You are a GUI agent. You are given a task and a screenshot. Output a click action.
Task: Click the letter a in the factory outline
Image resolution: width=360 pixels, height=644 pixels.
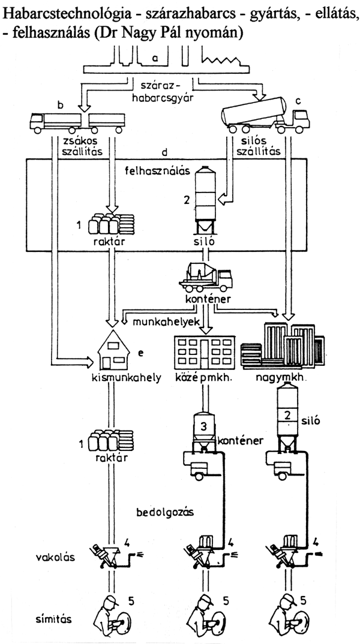[155, 58]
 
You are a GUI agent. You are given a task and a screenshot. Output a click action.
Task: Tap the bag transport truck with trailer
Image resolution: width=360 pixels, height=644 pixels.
[77, 122]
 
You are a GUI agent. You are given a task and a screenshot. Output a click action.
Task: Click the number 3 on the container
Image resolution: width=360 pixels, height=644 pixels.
[204, 426]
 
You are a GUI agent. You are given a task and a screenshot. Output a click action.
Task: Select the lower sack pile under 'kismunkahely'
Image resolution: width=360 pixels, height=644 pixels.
[111, 441]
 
